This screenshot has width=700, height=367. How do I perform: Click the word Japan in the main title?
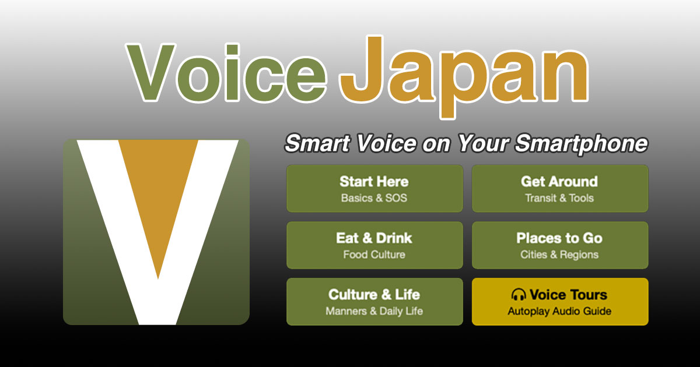pyautogui.click(x=464, y=76)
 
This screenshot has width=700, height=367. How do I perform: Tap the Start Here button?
pyautogui.click(x=374, y=188)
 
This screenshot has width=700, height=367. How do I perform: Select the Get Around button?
pyautogui.click(x=559, y=188)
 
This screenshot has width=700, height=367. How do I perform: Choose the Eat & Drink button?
pyautogui.click(x=374, y=245)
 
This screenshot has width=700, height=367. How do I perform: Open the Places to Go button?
pyautogui.click(x=559, y=245)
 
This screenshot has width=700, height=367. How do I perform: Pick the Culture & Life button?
pyautogui.click(x=374, y=301)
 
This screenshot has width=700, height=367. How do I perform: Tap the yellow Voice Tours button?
pyautogui.click(x=559, y=301)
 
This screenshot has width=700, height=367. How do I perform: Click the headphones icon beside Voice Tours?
pyautogui.click(x=519, y=294)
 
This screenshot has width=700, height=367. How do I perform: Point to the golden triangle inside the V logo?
pyautogui.click(x=158, y=192)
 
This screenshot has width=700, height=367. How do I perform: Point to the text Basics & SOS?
pyautogui.click(x=374, y=198)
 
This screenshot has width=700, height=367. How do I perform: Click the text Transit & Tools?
pyautogui.click(x=559, y=198)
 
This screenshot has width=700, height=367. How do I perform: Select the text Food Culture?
pyautogui.click(x=374, y=255)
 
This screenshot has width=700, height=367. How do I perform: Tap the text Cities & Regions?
pyautogui.click(x=559, y=255)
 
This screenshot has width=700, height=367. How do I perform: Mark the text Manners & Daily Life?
pyautogui.click(x=374, y=311)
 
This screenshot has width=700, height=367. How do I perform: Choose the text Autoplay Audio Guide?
pyautogui.click(x=559, y=311)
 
